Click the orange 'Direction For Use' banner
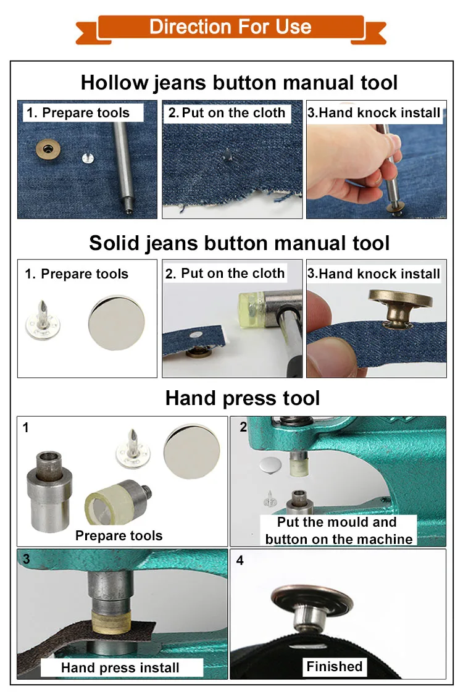coord(231,29)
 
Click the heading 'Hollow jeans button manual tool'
coord(239,83)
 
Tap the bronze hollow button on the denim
coord(48,149)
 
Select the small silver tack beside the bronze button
coord(88,157)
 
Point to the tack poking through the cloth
coord(227,154)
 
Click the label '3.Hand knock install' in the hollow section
coord(374,113)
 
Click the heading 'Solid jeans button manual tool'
coord(239,243)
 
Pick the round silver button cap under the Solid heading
coord(117,323)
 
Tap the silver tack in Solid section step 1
coord(43,320)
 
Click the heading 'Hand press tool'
coord(243,398)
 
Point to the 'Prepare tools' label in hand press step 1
coord(119,535)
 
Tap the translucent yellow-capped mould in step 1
coord(117,503)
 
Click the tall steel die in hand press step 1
coord(49,490)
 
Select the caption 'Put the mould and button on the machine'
coord(339,530)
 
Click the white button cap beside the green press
coord(270,465)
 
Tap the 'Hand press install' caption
coord(120,667)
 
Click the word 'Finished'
coord(335,666)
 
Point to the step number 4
coord(240,561)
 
